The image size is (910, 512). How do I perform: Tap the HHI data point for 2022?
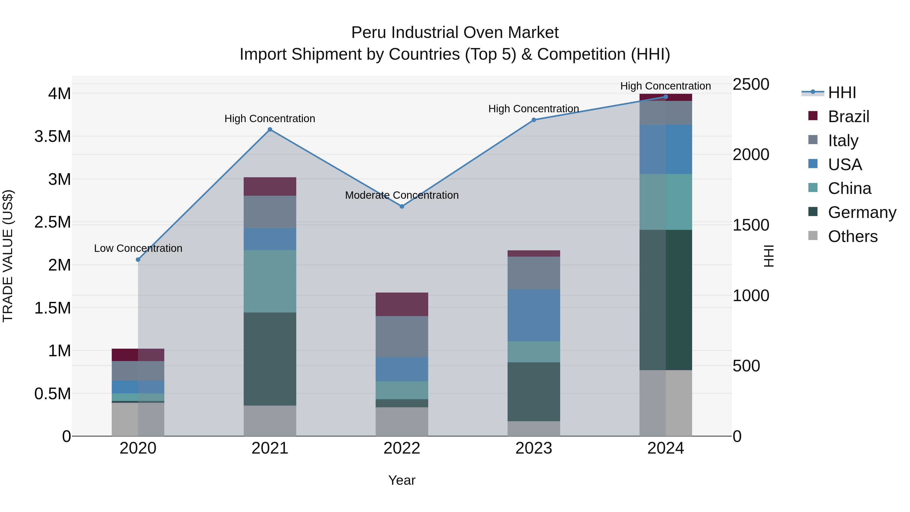click(x=402, y=206)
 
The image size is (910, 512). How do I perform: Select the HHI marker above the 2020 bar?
click(x=138, y=260)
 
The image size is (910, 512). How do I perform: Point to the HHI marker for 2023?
click(x=534, y=120)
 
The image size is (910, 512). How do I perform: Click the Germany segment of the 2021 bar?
click(x=270, y=359)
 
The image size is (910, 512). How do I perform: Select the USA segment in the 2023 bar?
click(x=534, y=315)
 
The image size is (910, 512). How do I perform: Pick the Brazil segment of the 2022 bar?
click(x=402, y=304)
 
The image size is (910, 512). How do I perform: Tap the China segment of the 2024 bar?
click(x=666, y=202)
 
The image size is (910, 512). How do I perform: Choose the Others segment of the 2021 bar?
click(x=270, y=420)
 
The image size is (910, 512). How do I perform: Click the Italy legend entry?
click(x=843, y=141)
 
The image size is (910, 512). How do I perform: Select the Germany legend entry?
click(x=862, y=212)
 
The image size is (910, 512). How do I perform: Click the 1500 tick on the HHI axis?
click(x=751, y=225)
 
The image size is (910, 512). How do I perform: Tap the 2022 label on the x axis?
click(x=402, y=448)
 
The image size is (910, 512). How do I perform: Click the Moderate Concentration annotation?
click(x=402, y=195)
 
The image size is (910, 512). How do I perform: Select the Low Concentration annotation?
click(x=138, y=248)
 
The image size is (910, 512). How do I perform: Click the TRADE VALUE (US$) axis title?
click(x=8, y=256)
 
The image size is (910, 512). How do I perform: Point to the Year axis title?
click(x=402, y=480)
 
